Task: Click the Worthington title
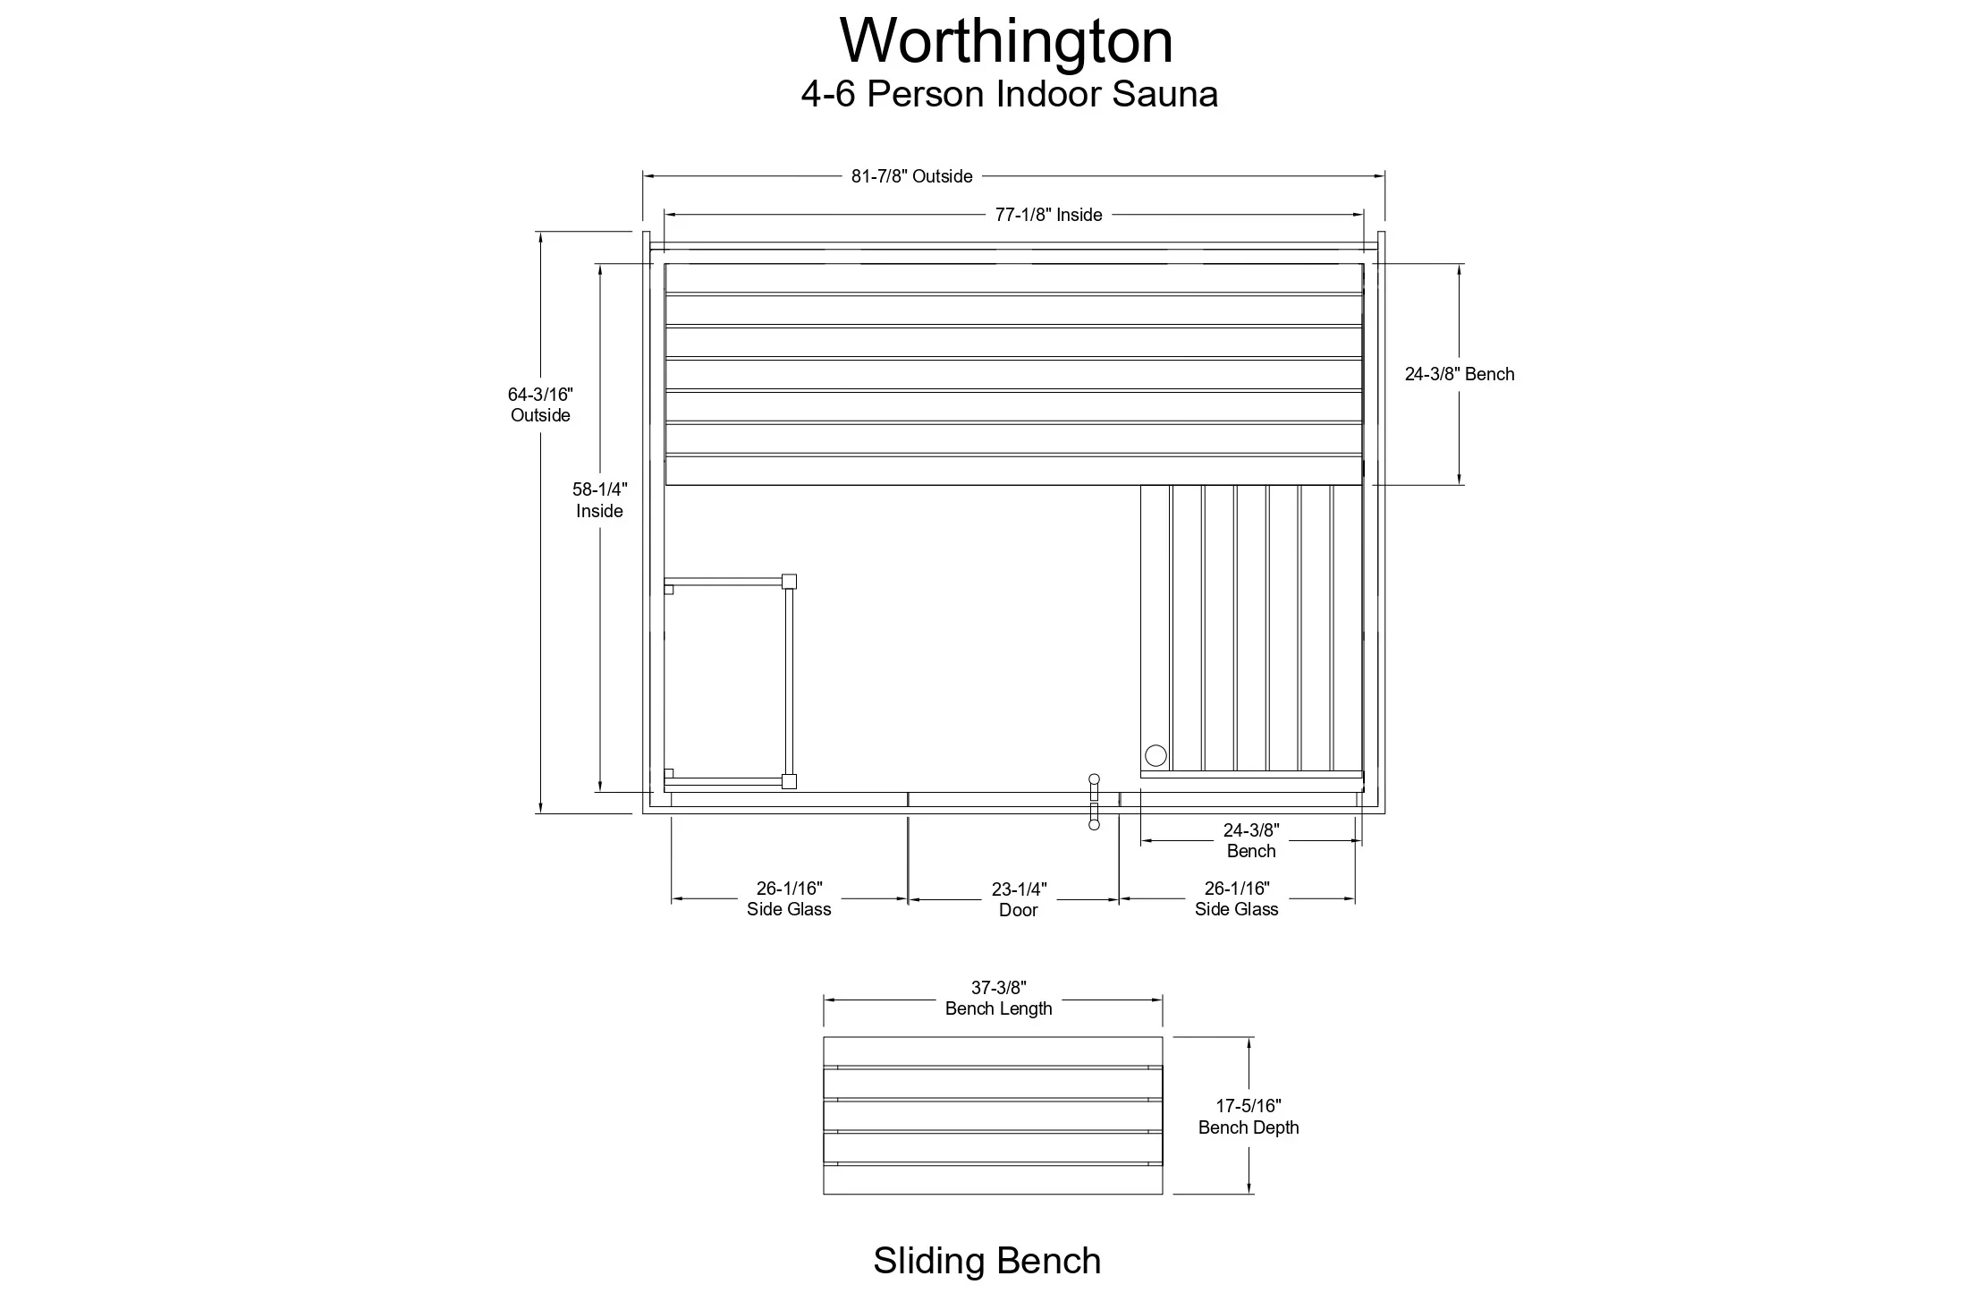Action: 1006,41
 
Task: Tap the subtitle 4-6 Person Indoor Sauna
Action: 1009,94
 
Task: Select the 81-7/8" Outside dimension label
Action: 911,176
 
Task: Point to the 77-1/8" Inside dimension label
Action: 1048,215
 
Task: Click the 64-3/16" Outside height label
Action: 540,404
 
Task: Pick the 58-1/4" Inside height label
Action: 599,500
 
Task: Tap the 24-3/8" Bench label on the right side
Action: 1460,374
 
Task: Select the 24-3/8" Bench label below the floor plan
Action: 1251,840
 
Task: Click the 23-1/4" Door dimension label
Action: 1019,899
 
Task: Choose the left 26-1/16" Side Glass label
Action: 789,898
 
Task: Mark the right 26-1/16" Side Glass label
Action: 1237,898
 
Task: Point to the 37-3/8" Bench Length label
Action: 998,998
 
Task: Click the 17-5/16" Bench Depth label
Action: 1249,1117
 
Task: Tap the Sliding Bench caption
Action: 987,1261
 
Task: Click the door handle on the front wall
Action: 1094,802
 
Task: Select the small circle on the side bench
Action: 1156,755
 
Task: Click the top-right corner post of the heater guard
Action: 789,582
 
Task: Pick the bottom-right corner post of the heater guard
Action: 789,781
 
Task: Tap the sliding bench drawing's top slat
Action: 993,1051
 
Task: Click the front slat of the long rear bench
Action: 1014,471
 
